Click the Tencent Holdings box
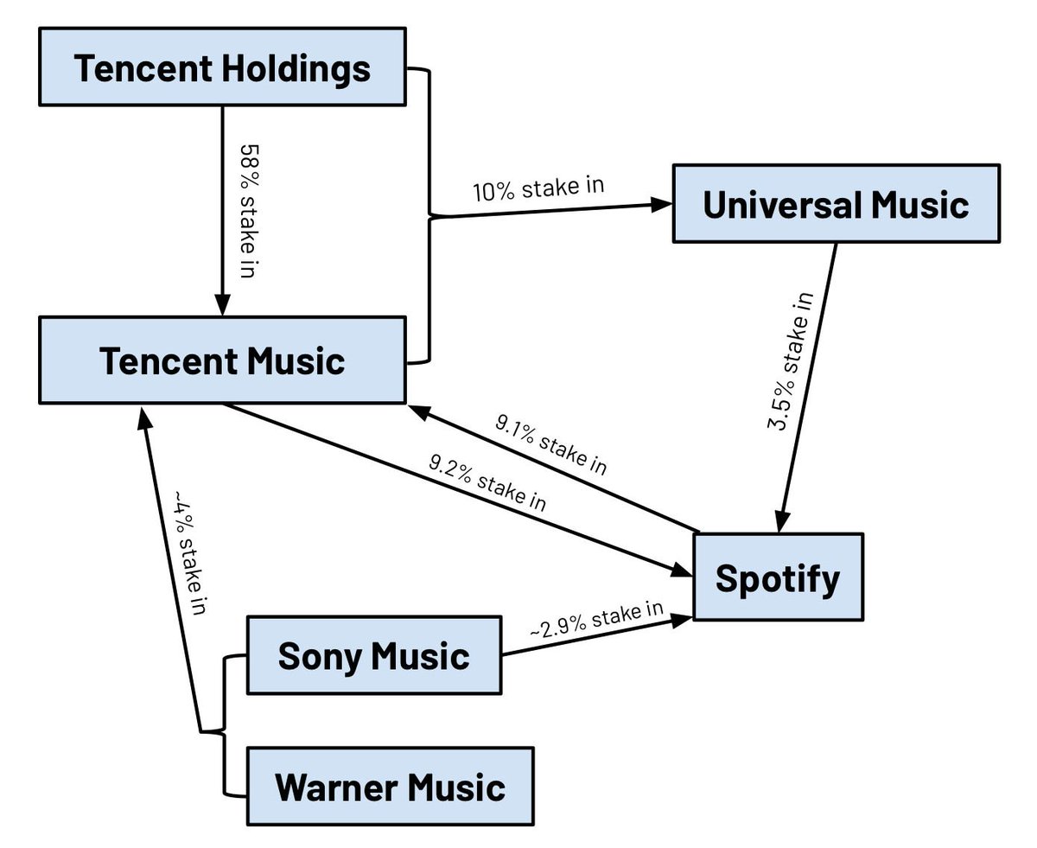pyautogui.click(x=222, y=67)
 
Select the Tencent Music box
pyautogui.click(x=222, y=360)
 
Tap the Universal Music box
pyautogui.click(x=836, y=204)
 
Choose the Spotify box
pyautogui.click(x=777, y=577)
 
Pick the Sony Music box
pyautogui.click(x=373, y=655)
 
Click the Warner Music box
pyautogui.click(x=390, y=787)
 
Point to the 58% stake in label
pyautogui.click(x=247, y=210)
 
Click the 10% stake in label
pyautogui.click(x=538, y=188)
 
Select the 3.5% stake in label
pyautogui.click(x=791, y=361)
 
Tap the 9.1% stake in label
pyautogui.click(x=550, y=443)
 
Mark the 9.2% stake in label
pyautogui.click(x=488, y=481)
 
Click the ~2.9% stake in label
pyautogui.click(x=596, y=622)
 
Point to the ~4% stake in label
pyautogui.click(x=190, y=554)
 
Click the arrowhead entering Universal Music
pyautogui.click(x=663, y=205)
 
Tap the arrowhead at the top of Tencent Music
pyautogui.click(x=222, y=305)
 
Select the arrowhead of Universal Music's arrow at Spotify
pyautogui.click(x=781, y=522)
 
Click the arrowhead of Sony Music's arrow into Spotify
pyautogui.click(x=683, y=617)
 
